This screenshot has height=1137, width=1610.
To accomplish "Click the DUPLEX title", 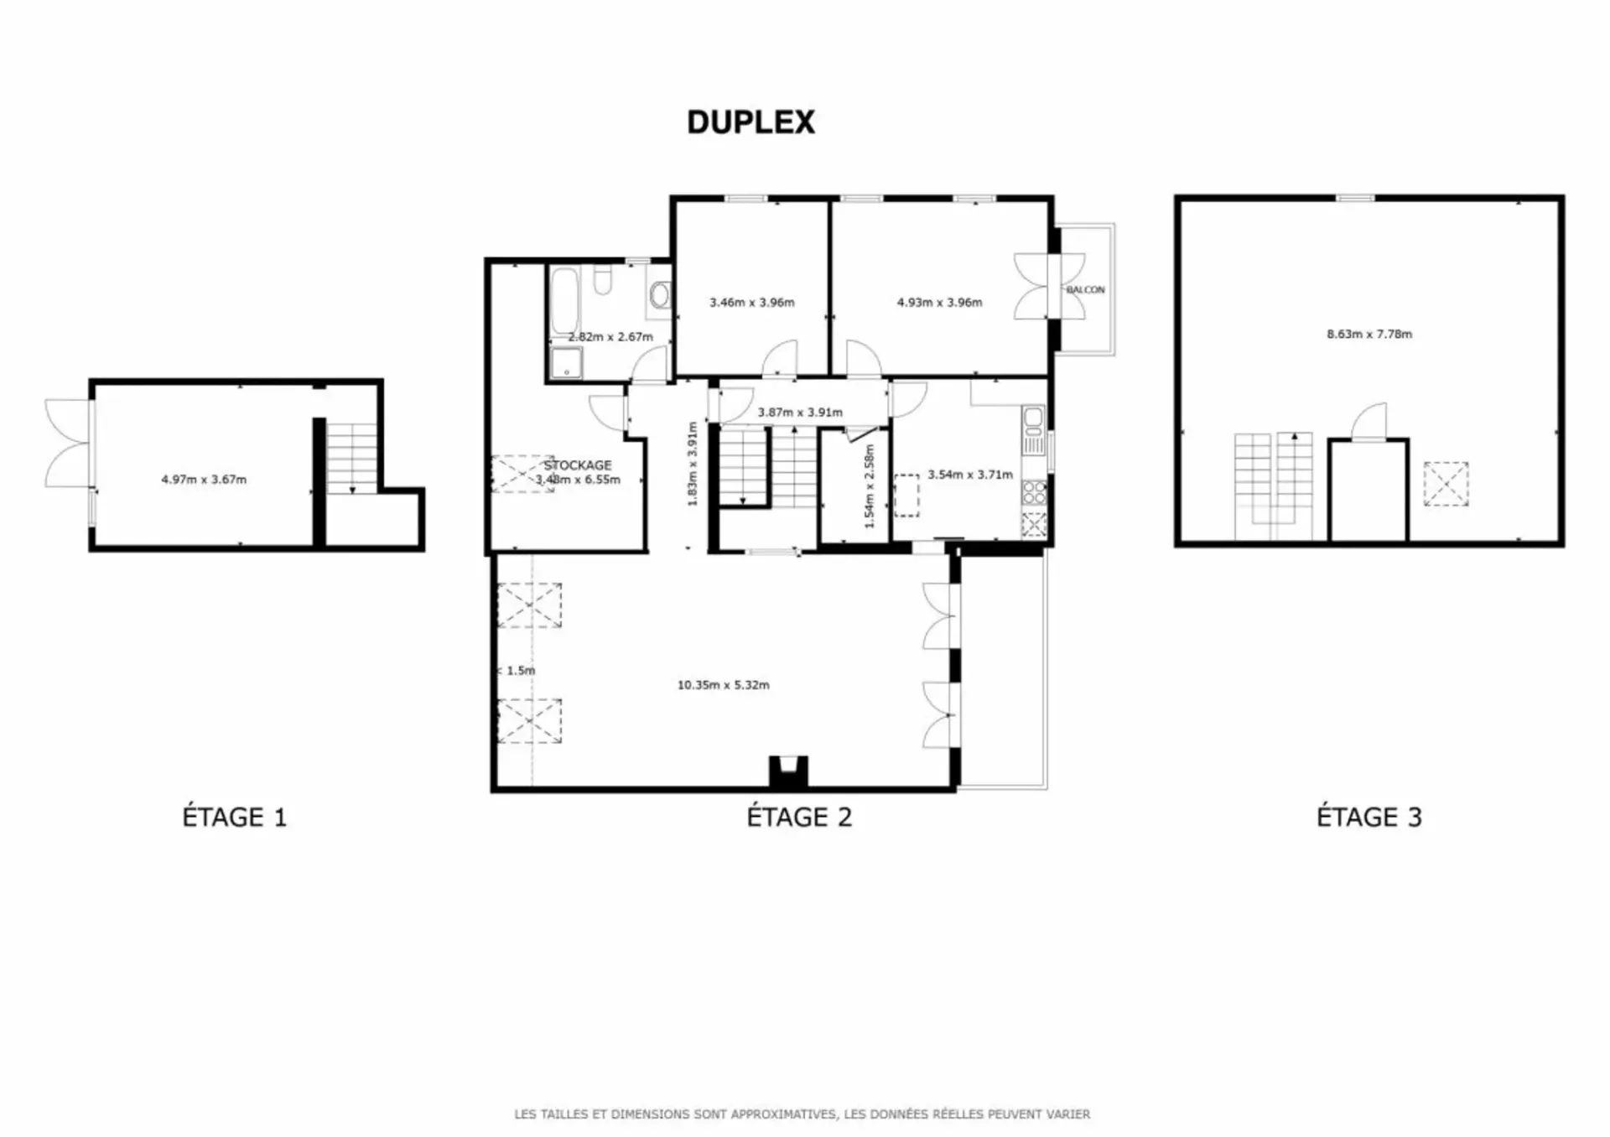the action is (750, 122).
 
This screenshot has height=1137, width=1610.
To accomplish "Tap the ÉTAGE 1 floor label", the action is (235, 817).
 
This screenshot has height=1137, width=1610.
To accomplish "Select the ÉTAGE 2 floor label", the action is (799, 817).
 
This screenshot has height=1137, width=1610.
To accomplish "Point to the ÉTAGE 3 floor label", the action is (1369, 817).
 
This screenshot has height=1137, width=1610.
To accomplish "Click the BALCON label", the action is (1086, 289).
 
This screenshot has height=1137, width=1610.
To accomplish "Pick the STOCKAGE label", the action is (578, 465).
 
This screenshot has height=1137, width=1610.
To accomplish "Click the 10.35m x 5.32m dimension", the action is (724, 685).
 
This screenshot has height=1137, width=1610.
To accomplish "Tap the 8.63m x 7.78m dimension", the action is (1369, 334).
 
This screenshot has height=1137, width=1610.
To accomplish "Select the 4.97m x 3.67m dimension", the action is (204, 480).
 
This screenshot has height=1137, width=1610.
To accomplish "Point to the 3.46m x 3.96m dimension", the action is (752, 303).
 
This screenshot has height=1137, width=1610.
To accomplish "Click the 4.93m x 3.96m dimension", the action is (940, 303).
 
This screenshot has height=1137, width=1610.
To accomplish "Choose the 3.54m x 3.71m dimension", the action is (970, 475).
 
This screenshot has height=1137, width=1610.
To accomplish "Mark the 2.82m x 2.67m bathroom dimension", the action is (610, 337).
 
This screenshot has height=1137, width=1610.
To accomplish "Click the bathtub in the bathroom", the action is (564, 300).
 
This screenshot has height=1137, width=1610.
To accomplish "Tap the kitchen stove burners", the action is (1034, 493).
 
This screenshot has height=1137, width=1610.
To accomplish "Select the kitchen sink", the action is (1034, 418).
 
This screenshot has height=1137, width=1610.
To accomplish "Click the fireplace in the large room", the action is (788, 771).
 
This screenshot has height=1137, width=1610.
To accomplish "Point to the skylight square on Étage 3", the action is (1446, 484).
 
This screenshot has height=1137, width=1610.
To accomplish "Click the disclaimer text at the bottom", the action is (802, 1114).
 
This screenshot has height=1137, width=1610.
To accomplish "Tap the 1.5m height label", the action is (517, 671).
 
